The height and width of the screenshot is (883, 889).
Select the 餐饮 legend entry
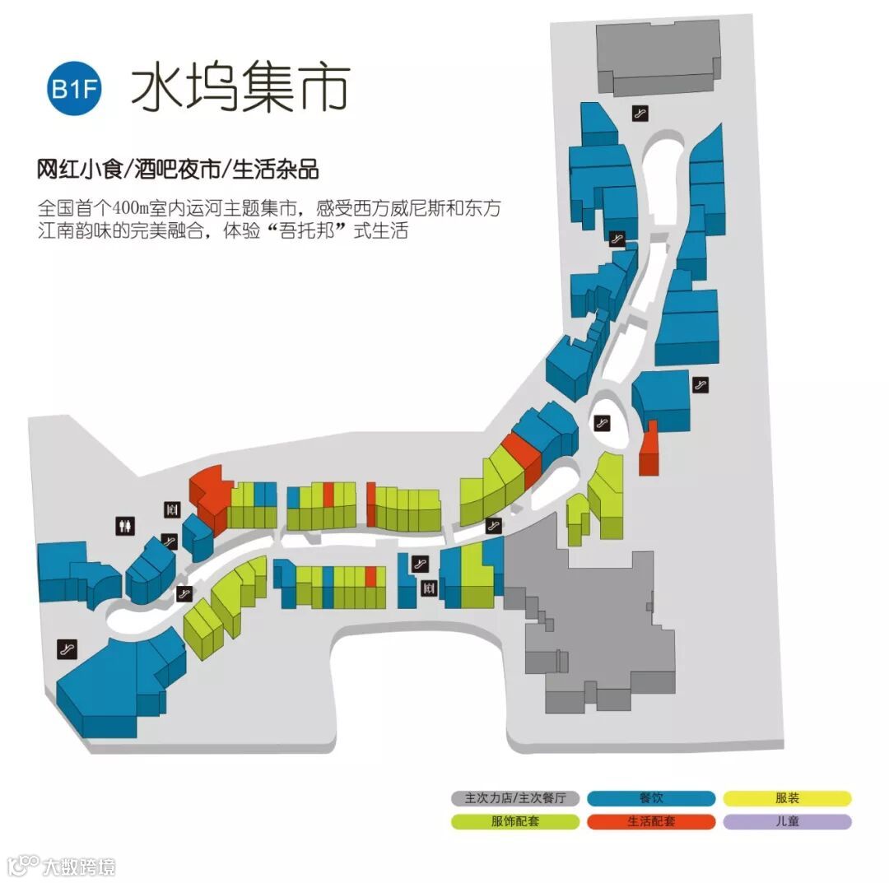[x=651, y=797]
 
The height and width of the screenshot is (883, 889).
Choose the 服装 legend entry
[x=787, y=797]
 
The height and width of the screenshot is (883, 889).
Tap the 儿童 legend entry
[x=787, y=821]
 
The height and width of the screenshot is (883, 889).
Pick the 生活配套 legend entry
[x=651, y=821]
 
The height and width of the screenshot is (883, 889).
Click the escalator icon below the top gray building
[x=638, y=113]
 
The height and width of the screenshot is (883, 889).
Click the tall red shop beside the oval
[x=649, y=449]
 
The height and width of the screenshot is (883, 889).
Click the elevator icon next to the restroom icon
[x=171, y=509]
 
